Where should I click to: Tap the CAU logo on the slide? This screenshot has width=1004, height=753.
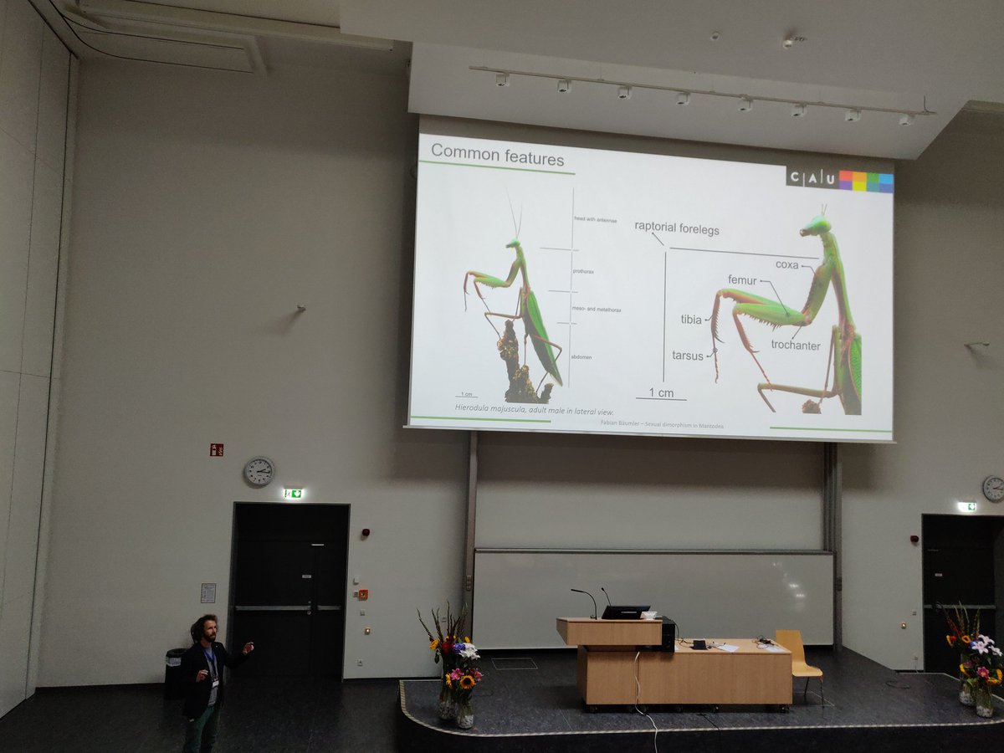tap(839, 180)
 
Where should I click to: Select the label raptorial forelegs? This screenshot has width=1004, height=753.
tap(676, 228)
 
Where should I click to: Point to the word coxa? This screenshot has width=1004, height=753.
tap(786, 265)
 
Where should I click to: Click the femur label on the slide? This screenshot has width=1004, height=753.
tap(742, 280)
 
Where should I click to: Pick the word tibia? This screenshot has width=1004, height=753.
tap(690, 320)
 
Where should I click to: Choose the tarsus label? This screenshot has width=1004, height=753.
tap(688, 356)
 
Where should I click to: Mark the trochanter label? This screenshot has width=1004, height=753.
tap(795, 345)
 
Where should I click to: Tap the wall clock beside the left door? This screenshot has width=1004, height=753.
tap(259, 471)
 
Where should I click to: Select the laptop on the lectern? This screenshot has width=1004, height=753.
tap(625, 612)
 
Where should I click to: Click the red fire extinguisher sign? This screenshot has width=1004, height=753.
tap(216, 449)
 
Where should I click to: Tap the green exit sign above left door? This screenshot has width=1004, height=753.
tap(292, 494)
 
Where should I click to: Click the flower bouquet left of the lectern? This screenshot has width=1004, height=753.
tap(454, 657)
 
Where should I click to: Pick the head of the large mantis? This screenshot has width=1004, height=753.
tap(817, 224)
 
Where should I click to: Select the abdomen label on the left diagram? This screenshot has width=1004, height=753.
tap(581, 357)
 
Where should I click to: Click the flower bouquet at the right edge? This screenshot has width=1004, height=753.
tap(976, 657)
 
